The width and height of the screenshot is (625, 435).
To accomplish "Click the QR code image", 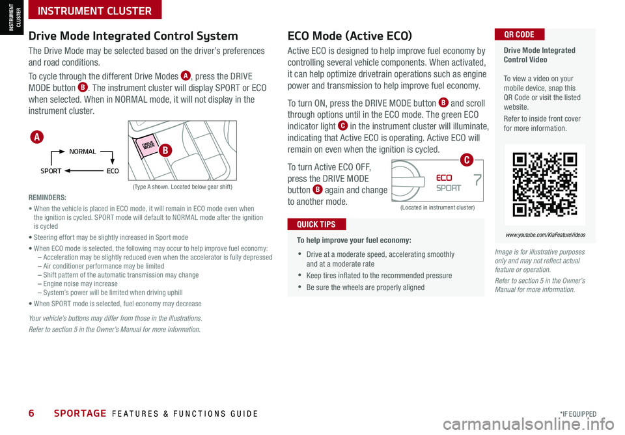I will point(545,184).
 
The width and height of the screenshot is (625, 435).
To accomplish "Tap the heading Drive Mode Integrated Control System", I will point(133,36).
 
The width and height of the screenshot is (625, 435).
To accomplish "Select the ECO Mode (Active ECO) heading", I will point(349,36).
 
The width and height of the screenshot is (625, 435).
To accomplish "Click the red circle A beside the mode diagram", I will point(38,137).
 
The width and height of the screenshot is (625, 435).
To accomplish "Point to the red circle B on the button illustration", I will point(165,151).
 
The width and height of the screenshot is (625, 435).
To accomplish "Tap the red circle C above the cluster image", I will point(466,160).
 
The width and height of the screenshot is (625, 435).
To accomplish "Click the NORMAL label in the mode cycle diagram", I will point(82,152).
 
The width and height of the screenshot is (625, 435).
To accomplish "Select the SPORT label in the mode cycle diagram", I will point(51,171).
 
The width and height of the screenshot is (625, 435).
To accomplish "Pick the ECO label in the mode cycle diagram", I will point(113,171).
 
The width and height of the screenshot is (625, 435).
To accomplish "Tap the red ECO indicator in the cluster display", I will point(444,178).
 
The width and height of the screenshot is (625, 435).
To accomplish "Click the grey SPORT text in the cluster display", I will point(448,188).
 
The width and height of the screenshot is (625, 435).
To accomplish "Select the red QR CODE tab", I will point(519,34).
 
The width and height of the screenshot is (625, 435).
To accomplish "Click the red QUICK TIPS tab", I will point(316,224).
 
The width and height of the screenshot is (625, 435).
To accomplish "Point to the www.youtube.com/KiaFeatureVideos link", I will point(545,235).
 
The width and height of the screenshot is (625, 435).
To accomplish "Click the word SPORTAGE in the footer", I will point(80,414).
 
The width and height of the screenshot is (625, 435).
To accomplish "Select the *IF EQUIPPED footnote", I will point(577,414).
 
